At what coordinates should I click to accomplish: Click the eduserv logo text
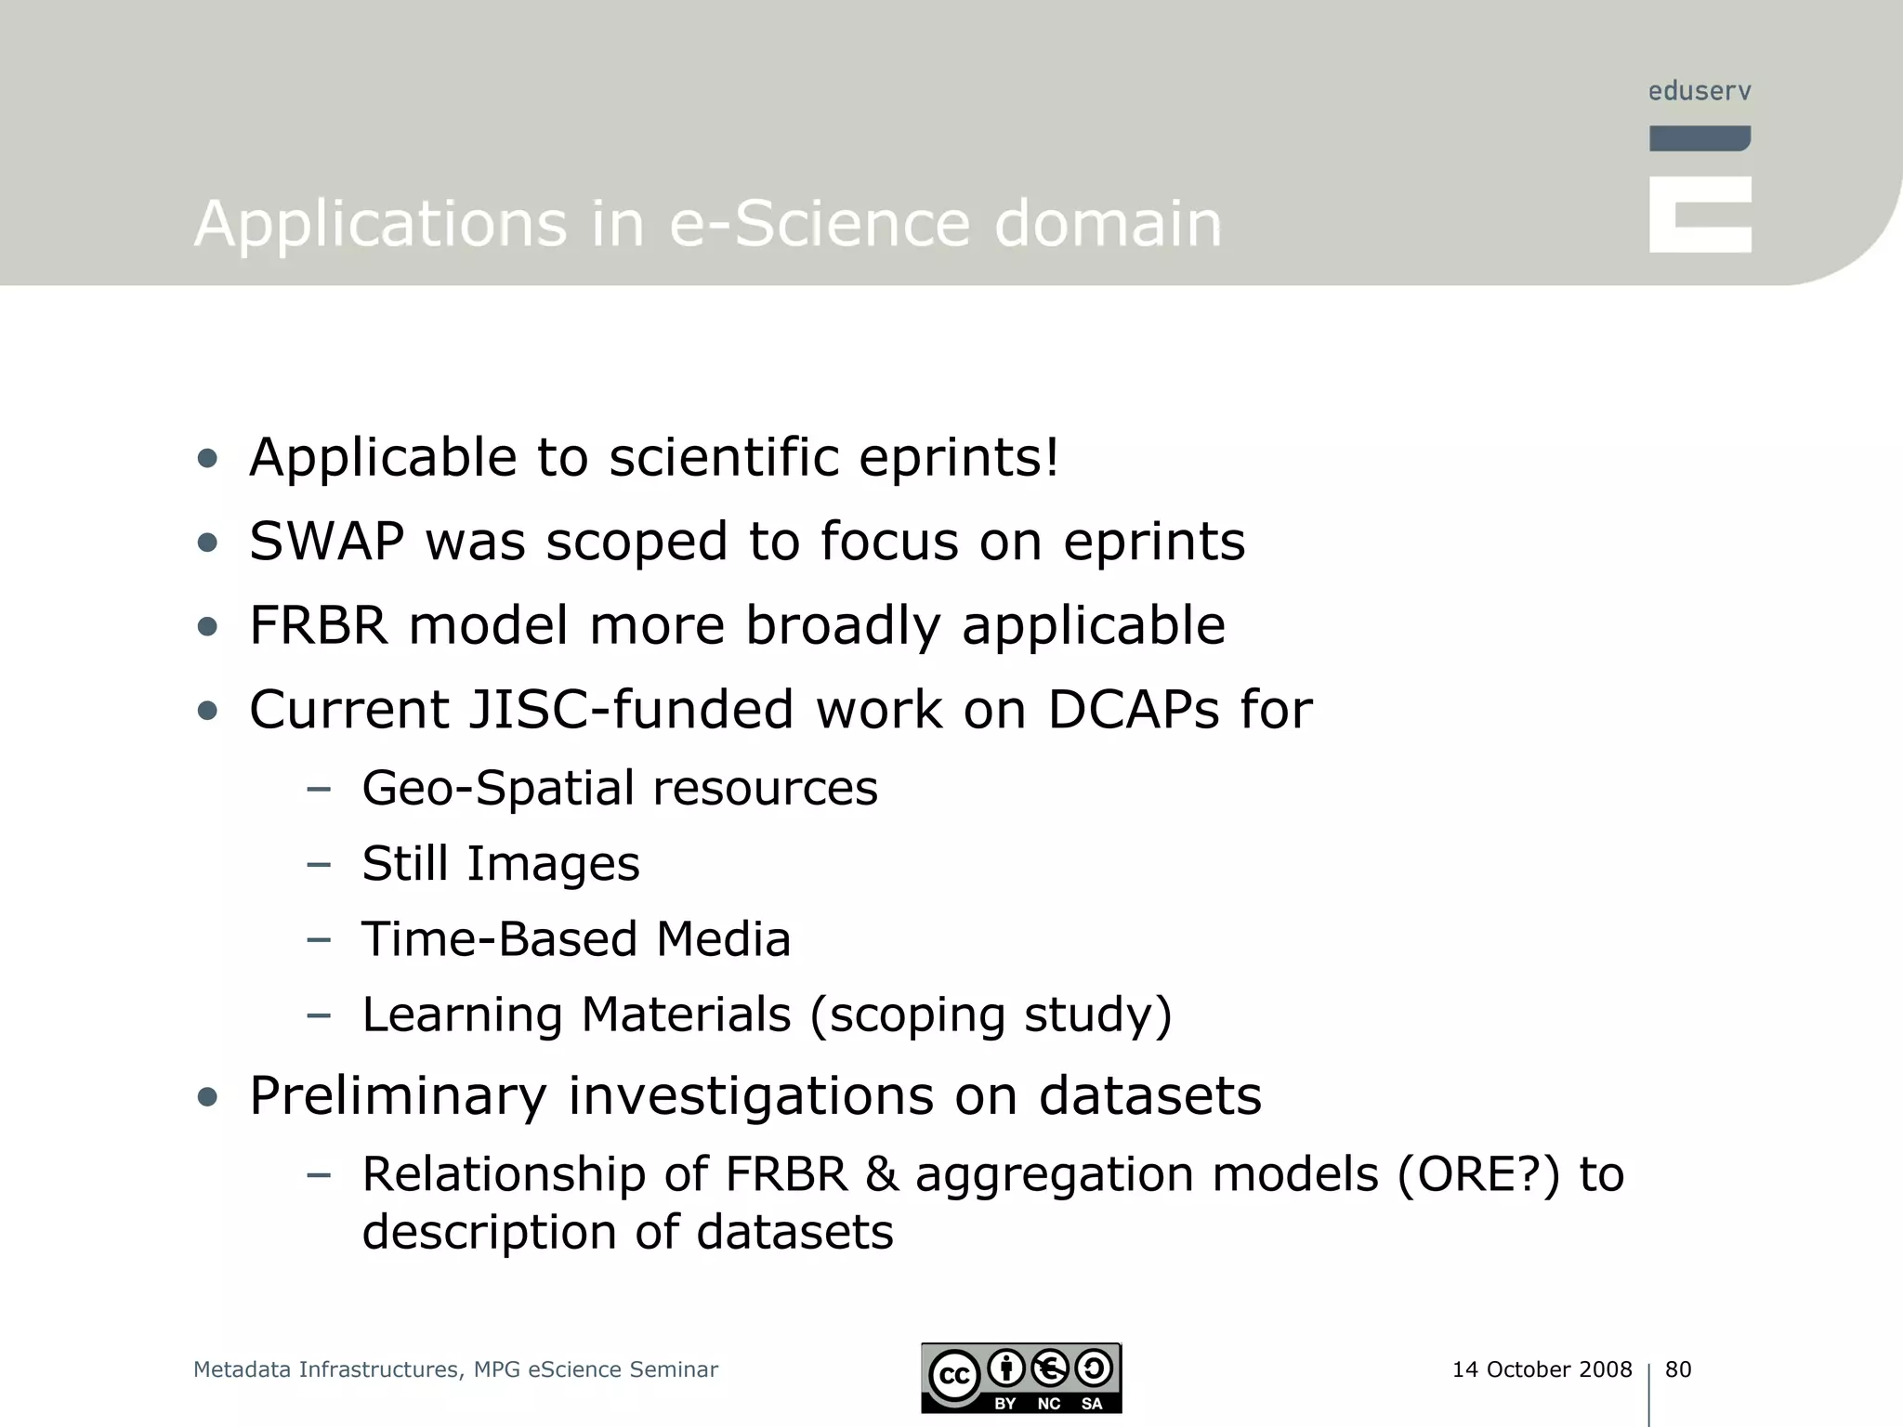[x=1700, y=91]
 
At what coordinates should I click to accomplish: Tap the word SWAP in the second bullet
[x=326, y=542]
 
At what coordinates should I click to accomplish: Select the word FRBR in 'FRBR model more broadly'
[x=318, y=625]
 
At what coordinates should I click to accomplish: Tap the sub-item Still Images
[x=501, y=864]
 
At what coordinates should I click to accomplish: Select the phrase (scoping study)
[x=991, y=1015]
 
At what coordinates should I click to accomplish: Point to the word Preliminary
[x=398, y=1096]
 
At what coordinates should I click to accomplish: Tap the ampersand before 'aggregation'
[x=881, y=1174]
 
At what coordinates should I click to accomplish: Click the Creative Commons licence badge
[x=1021, y=1378]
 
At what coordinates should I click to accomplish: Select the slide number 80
[x=1678, y=1369]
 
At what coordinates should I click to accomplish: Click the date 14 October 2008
[x=1542, y=1369]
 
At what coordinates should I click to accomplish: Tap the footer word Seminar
[x=674, y=1369]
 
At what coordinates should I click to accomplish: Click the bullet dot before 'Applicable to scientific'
[x=207, y=458]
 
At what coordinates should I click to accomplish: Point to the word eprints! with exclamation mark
[x=958, y=458]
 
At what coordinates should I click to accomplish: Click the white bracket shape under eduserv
[x=1700, y=215]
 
